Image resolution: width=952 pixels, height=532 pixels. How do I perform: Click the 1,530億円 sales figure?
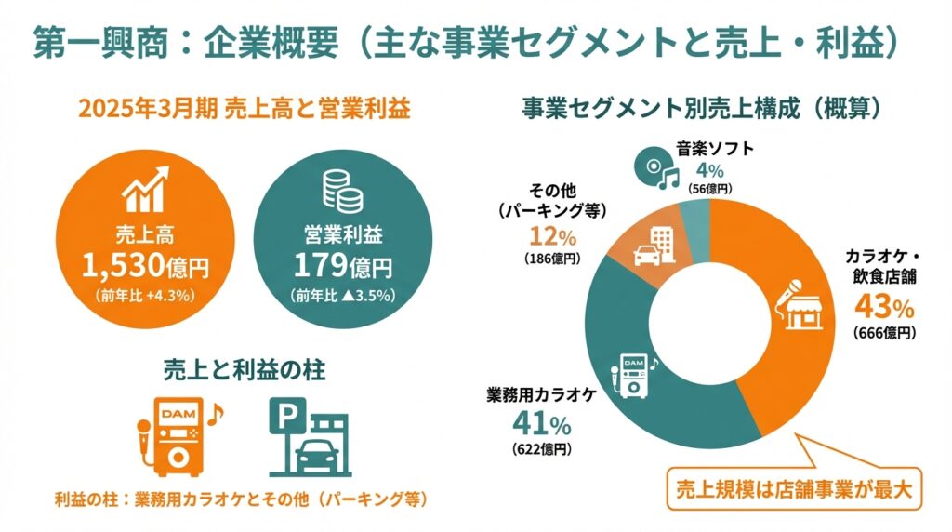(145, 267)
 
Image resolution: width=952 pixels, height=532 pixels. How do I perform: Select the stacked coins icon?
(342, 190)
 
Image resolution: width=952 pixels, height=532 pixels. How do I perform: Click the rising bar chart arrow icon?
(146, 190)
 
